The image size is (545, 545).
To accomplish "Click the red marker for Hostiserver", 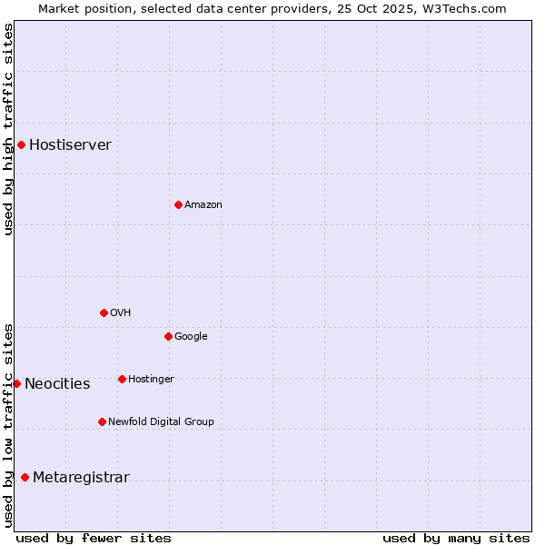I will coord(21,144).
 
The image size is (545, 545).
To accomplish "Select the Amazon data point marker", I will coord(178,204).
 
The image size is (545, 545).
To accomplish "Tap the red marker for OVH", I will coord(104,312).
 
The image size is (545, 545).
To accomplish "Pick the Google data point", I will coord(168,336).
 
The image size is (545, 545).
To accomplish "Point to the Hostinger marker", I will coord(122,379).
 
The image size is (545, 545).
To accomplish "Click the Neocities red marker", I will coord(16,383).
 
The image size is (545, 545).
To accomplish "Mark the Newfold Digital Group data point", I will coord(102,421).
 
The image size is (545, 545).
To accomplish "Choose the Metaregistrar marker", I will coord(25,478).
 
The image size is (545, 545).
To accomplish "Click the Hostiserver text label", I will coord(70,145).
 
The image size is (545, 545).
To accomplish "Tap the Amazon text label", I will coord(203,205).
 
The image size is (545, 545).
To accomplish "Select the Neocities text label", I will coord(57,384).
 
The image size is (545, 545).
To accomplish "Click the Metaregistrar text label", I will coord(81,478).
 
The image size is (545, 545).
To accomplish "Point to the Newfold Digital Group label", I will coord(161,421).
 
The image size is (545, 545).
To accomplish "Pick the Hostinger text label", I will coord(151,379).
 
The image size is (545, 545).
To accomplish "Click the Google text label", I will coord(191,337).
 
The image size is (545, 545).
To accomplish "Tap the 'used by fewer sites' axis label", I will coord(94,538).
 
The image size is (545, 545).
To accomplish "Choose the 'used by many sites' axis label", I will coord(456,538).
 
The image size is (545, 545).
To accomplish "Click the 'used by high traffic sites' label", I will coord(8,129).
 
